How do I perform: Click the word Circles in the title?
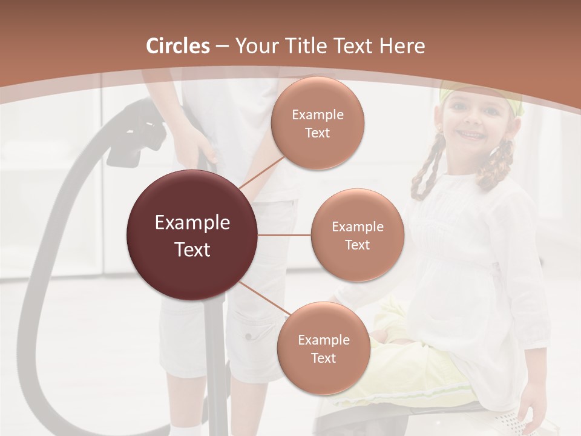[x=178, y=46]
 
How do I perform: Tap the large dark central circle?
[x=192, y=235]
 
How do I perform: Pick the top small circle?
[x=318, y=123]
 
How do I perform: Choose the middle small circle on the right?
[x=357, y=235]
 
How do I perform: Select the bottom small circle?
[x=323, y=348]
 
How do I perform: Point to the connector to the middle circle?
[x=284, y=235]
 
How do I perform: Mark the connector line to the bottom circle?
[x=264, y=300]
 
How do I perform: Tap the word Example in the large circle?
[x=192, y=223]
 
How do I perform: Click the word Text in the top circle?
[x=318, y=133]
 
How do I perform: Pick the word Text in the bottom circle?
[x=323, y=358]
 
